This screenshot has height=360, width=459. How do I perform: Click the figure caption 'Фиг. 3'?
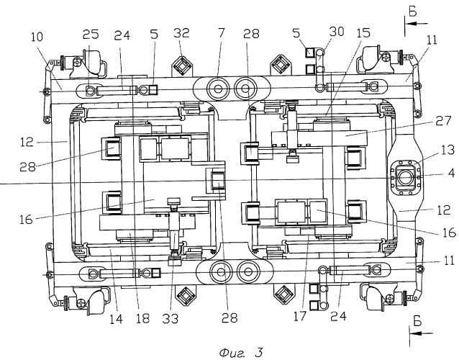pyautogui.click(x=241, y=352)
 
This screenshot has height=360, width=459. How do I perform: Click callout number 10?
pyautogui.click(x=37, y=37)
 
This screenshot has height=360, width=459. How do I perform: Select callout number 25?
pyautogui.click(x=91, y=35)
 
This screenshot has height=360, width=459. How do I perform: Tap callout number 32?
pyautogui.click(x=181, y=33)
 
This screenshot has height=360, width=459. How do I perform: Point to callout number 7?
pyautogui.click(x=221, y=33)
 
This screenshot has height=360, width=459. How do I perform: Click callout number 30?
pyautogui.click(x=337, y=32)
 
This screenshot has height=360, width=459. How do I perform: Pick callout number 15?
pyautogui.click(x=363, y=33)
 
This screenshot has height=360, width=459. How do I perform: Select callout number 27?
pyautogui.click(x=443, y=120)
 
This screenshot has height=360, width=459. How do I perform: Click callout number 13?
pyautogui.click(x=444, y=150)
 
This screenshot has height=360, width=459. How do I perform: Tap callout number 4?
pyautogui.click(x=451, y=173)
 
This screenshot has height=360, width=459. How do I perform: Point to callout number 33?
pyautogui.click(x=170, y=318)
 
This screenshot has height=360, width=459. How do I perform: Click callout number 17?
pyautogui.click(x=299, y=316)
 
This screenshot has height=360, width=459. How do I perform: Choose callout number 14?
pyautogui.click(x=116, y=319)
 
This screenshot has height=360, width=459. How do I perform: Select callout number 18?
pyautogui.click(x=143, y=318)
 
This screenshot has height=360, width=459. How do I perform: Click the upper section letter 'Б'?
pyautogui.click(x=413, y=12)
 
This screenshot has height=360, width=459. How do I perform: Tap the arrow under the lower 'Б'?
pyautogui.click(x=421, y=333)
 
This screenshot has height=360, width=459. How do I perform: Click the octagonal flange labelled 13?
pyautogui.click(x=406, y=177)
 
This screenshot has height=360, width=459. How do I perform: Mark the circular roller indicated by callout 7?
pyautogui.click(x=218, y=89)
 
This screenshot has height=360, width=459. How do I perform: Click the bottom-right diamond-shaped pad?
pyautogui.click(x=283, y=294)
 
